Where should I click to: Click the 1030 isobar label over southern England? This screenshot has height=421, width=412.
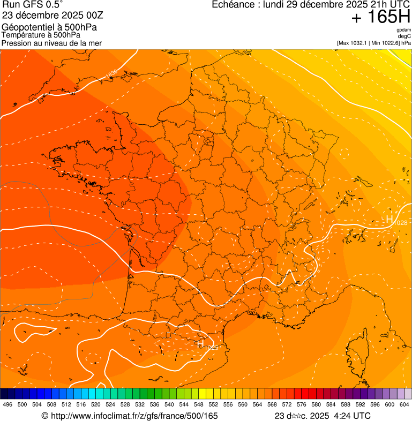pos(111,73)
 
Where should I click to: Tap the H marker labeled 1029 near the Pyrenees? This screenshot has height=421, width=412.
pos(201,344)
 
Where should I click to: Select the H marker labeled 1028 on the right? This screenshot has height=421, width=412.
pos(389,220)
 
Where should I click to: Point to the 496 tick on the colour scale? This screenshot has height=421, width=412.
pos(8,404)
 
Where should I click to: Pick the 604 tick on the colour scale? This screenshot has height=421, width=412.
pos(404,404)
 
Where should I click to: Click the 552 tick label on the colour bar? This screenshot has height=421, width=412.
pos(213,404)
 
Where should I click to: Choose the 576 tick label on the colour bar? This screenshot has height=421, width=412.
pos(302,404)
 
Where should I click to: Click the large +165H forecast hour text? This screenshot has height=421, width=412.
pos(380,18)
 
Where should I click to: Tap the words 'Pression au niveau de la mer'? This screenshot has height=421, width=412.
pos(51,43)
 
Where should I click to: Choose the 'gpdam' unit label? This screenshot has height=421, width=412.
pos(403,30)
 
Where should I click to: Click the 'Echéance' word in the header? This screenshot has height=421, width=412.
pos(231,5)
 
